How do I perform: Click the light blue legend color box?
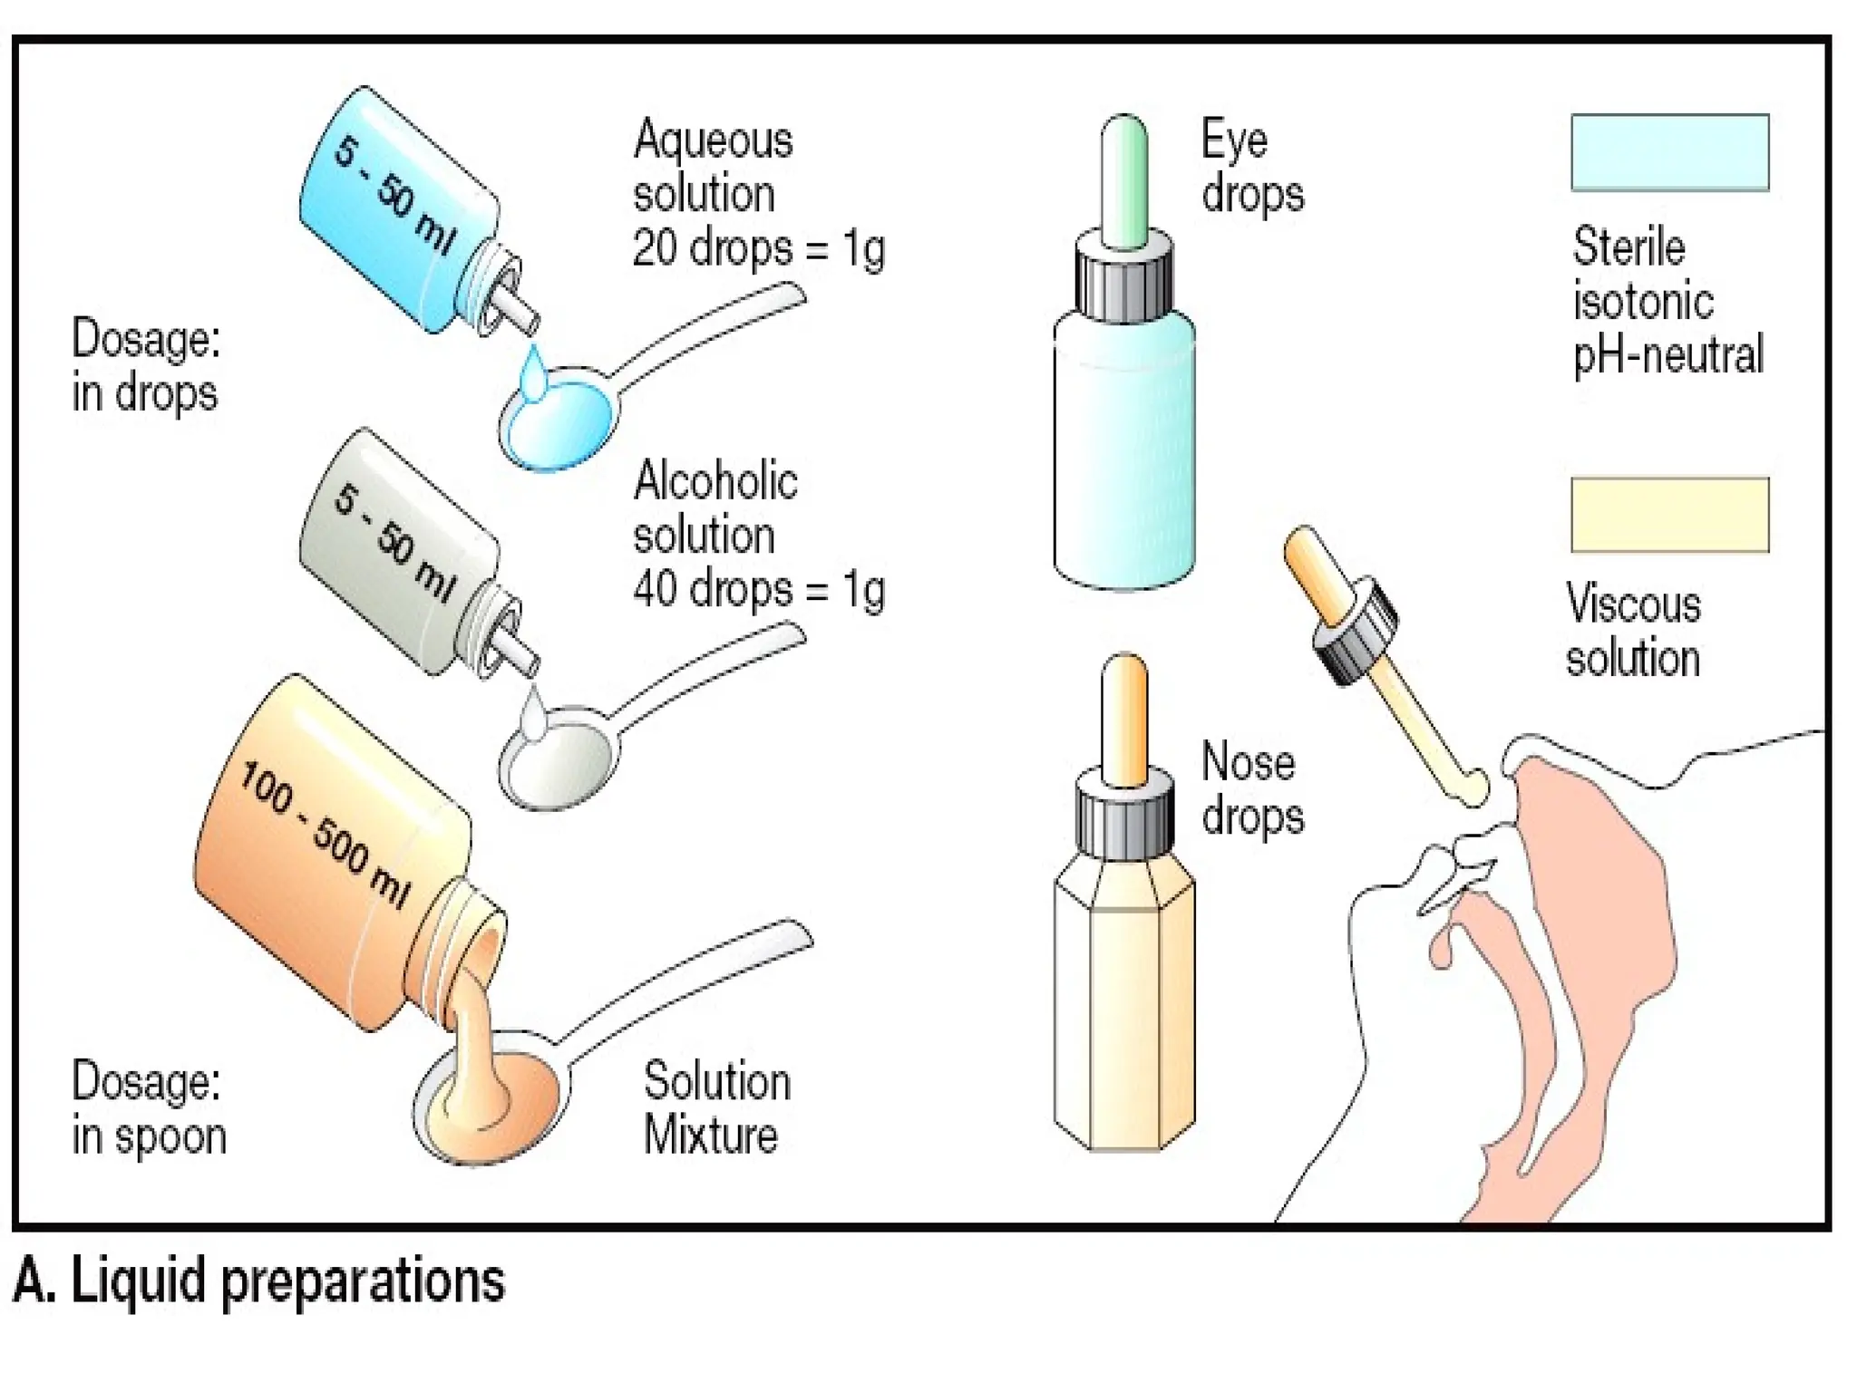(x=1669, y=152)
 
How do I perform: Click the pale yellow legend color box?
(x=1669, y=515)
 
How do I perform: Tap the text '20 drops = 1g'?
(x=758, y=248)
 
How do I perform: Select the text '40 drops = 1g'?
(x=758, y=590)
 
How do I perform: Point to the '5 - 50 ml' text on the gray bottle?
(x=394, y=542)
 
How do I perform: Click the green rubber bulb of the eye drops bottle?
(x=1124, y=181)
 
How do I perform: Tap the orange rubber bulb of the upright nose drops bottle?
(x=1124, y=720)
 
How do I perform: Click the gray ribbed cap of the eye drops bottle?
(x=1124, y=281)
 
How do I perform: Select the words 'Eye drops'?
(x=1252, y=167)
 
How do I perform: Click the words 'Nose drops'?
(x=1252, y=788)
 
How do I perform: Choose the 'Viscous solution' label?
(x=1633, y=631)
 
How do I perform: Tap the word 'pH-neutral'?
(x=1667, y=355)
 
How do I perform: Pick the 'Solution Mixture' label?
(x=716, y=1107)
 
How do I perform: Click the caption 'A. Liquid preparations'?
(x=259, y=1280)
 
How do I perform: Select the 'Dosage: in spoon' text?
(x=148, y=1107)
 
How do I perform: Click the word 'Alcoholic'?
(x=715, y=480)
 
